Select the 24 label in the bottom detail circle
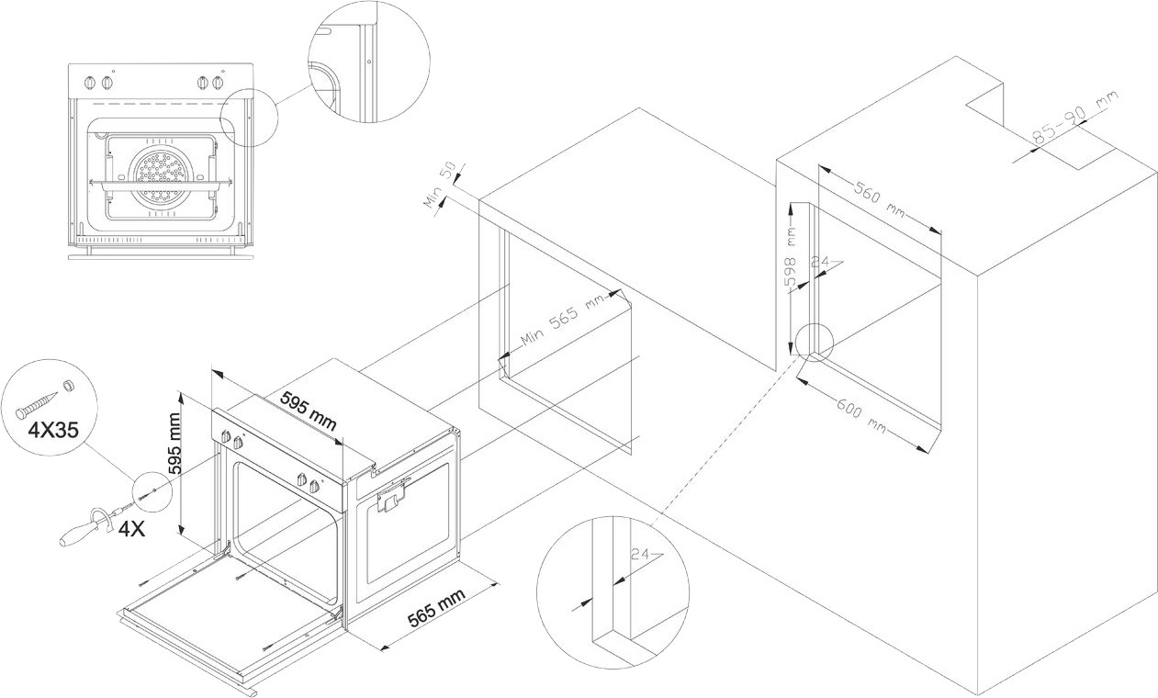pyautogui.click(x=641, y=554)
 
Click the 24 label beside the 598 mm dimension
pyautogui.click(x=821, y=262)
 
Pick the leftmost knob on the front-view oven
pyautogui.click(x=89, y=83)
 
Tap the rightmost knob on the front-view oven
pyautogui.click(x=218, y=83)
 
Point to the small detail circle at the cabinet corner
pyautogui.click(x=814, y=343)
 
